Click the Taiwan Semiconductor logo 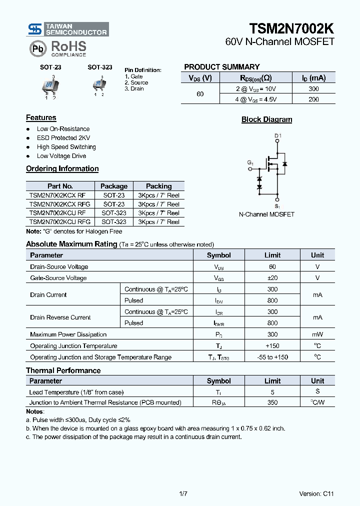click(x=67, y=29)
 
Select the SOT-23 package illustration click(x=50, y=86)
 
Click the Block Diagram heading click(x=266, y=119)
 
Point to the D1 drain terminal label click(x=278, y=136)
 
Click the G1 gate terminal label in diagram click(x=250, y=163)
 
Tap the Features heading click(x=41, y=118)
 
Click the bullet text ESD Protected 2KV click(x=63, y=138)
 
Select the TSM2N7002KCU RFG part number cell click(x=60, y=221)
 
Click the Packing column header click(x=158, y=186)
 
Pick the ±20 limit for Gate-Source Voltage click(x=272, y=278)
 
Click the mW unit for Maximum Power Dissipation click(x=317, y=334)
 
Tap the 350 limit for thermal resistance click(x=272, y=402)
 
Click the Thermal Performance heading click(x=63, y=370)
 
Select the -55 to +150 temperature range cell click(x=272, y=357)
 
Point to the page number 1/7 click(x=183, y=493)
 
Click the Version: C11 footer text click(x=316, y=493)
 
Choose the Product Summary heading click(x=222, y=67)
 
